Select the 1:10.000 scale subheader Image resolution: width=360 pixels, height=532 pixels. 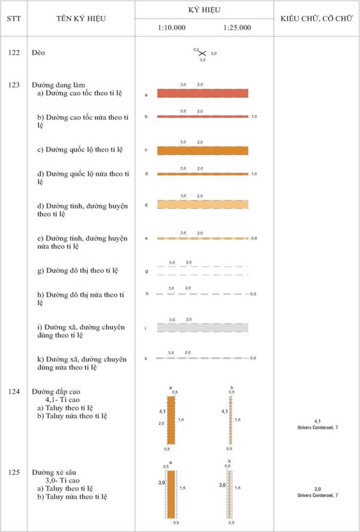[x=172, y=28]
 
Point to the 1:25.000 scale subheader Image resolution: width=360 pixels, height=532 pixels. [x=237, y=28]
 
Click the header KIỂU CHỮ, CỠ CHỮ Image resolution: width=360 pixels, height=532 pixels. [x=316, y=19]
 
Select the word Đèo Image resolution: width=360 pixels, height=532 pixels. [x=38, y=53]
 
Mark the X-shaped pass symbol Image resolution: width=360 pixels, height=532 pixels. [x=202, y=53]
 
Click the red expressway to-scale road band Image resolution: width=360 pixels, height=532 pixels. [x=203, y=93]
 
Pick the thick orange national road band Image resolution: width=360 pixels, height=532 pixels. [x=203, y=150]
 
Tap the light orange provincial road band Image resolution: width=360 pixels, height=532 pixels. [x=203, y=204]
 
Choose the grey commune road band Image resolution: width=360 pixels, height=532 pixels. [x=203, y=327]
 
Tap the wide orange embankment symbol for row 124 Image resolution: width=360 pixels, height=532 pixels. [x=171, y=419]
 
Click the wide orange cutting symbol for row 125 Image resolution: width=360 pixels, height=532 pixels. [x=171, y=494]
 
